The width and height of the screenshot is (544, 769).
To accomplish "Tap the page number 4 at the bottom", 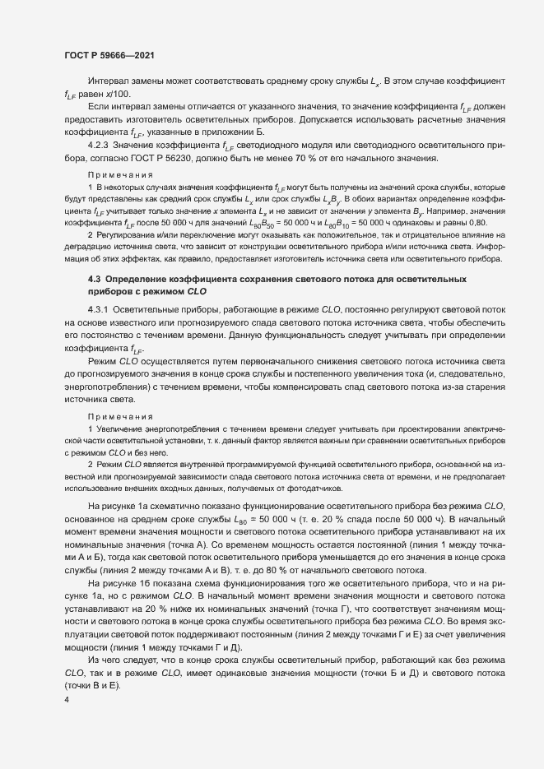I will pyautogui.click(x=65, y=701).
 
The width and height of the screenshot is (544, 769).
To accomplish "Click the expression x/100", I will pyautogui.click(x=119, y=95).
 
